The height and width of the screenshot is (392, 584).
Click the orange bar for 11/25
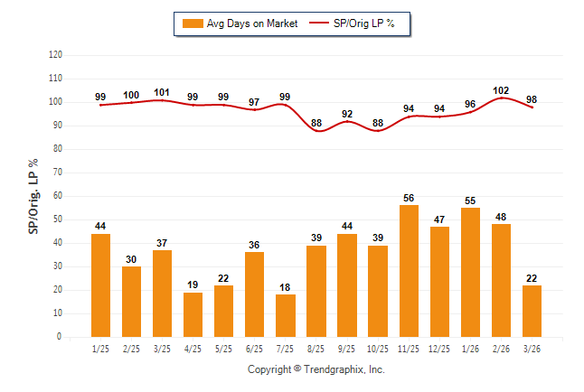[x=409, y=271]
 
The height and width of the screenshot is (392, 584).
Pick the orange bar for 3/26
[x=532, y=311]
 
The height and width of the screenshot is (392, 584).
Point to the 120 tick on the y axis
[x=55, y=55]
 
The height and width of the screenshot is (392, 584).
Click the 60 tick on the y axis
[x=58, y=196]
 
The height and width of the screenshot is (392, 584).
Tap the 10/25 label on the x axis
[x=378, y=349]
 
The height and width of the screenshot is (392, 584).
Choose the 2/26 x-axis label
[x=501, y=349]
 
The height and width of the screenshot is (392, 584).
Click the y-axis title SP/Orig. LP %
[x=33, y=196]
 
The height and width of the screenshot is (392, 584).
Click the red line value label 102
[x=501, y=90]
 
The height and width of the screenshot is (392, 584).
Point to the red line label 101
[x=162, y=92]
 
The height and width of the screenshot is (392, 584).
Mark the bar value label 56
[x=409, y=198]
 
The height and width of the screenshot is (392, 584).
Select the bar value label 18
[x=286, y=287]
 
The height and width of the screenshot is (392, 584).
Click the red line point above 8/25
[x=316, y=130]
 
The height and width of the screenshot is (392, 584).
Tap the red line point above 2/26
[x=501, y=98]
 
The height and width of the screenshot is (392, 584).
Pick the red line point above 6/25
[x=255, y=109]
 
